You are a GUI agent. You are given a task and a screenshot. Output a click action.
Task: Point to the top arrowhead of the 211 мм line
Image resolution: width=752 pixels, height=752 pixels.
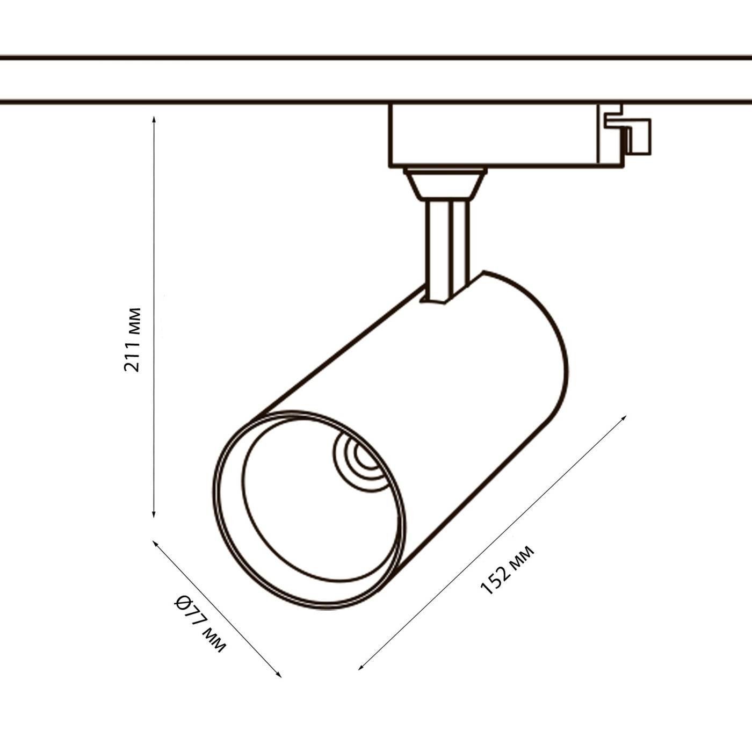pos(154,119)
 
